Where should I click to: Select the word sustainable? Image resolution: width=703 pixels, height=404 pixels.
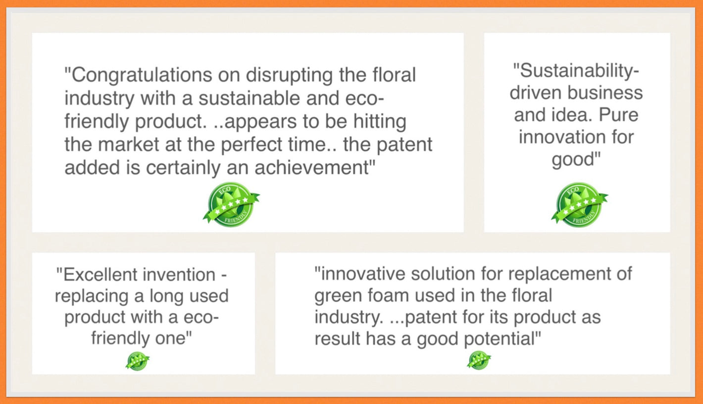249,98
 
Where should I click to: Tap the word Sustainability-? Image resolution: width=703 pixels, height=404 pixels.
576,71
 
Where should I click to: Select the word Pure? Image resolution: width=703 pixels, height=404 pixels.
618,115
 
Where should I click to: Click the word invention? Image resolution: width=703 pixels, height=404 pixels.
179,275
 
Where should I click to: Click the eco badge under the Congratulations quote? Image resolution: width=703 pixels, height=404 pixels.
231,205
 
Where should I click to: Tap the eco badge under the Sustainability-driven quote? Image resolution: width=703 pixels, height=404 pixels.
579,205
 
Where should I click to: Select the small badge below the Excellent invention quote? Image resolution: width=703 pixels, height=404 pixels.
138,361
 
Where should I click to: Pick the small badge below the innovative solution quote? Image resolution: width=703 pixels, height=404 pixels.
479,360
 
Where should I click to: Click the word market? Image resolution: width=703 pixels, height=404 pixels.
128,145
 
